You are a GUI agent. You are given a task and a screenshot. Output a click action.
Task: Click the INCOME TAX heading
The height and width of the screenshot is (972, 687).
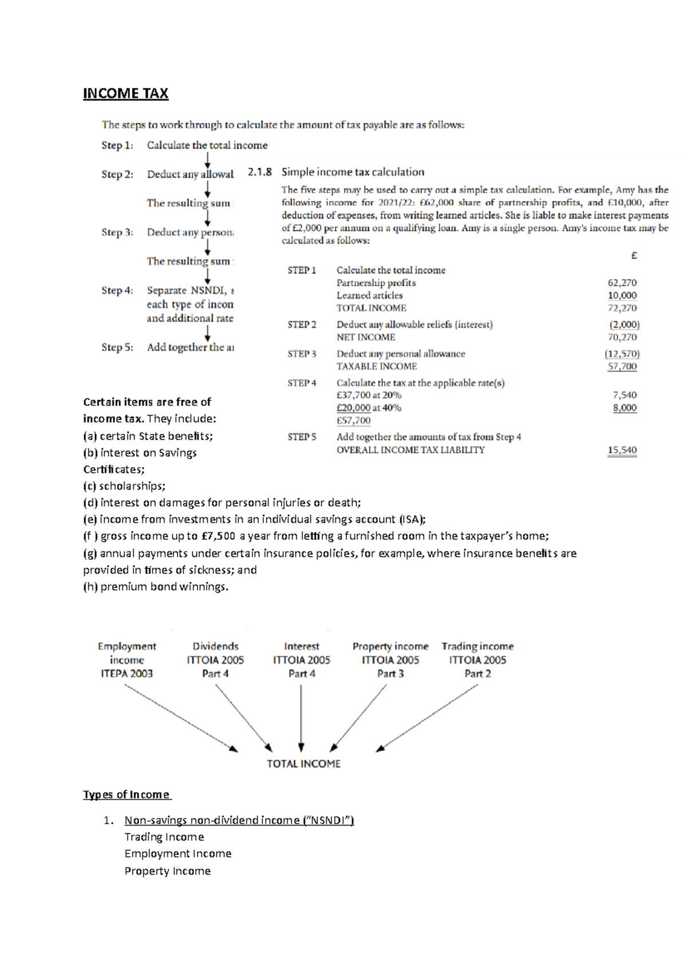125,93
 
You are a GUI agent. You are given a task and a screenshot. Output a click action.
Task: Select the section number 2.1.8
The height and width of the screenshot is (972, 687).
260,172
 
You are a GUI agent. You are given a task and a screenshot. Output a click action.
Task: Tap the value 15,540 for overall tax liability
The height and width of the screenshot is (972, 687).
622,450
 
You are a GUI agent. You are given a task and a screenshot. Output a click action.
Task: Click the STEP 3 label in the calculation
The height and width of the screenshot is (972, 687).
302,354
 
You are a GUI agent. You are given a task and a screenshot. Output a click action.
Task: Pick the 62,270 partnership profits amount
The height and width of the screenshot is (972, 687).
622,283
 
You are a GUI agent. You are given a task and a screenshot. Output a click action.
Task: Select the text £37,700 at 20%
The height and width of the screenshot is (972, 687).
369,395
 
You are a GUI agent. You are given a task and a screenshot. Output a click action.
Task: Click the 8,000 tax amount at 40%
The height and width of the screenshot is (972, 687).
625,408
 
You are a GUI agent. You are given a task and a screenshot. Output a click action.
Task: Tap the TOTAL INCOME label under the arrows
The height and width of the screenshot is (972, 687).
303,764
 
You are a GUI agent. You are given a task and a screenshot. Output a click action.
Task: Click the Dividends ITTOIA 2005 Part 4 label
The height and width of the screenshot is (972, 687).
215,659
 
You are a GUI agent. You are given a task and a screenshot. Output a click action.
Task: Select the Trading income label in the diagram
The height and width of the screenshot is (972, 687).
477,646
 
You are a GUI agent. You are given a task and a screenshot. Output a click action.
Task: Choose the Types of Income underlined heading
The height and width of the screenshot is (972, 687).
127,795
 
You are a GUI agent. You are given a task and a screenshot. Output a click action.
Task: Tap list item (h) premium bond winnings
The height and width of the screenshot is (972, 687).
156,587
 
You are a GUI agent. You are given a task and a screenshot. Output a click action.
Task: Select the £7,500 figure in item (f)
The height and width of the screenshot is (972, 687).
218,536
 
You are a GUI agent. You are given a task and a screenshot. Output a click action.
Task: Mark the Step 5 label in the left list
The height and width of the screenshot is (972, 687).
117,347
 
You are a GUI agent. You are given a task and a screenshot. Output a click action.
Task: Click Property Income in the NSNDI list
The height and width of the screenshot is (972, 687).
168,871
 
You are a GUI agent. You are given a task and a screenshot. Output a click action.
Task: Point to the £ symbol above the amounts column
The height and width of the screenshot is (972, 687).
634,256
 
